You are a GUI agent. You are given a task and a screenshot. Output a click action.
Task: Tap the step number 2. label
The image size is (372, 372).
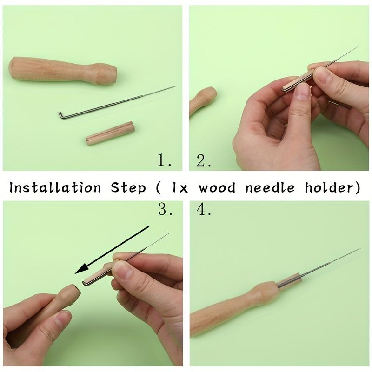[204, 161]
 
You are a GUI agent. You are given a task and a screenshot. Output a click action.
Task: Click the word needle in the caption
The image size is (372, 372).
[271, 188]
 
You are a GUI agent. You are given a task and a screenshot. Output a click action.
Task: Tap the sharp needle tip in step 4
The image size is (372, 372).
[359, 250]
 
